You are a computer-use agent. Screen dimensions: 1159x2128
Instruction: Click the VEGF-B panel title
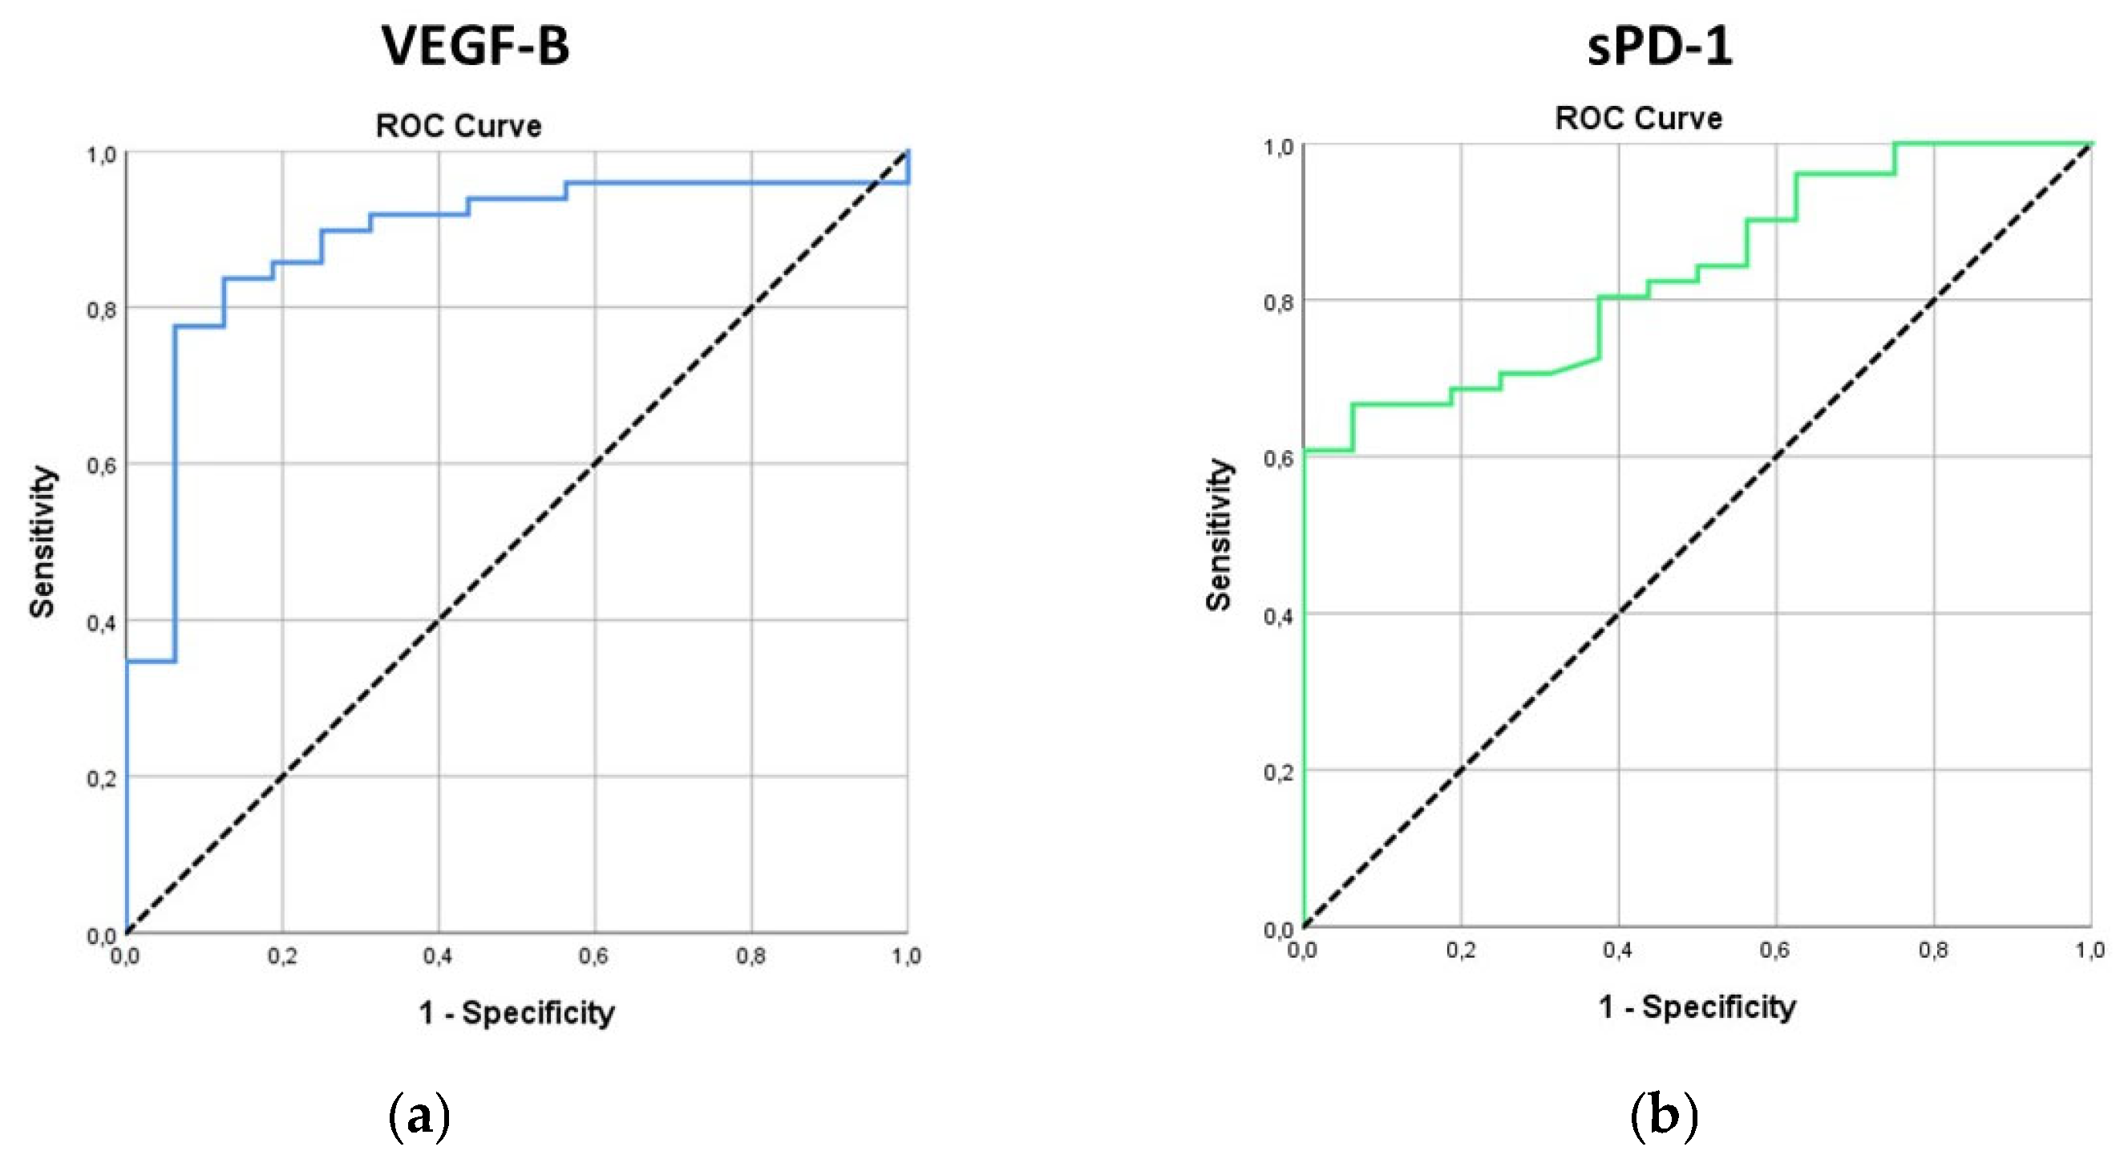pos(475,46)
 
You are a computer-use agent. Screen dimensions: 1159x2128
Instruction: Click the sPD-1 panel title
pos(1660,46)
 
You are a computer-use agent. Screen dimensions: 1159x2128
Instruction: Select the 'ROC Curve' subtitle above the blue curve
pos(459,126)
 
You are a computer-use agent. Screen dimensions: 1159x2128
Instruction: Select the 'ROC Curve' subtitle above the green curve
pos(1638,118)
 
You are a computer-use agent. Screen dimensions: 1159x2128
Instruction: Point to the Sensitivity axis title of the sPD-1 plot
pos(1220,534)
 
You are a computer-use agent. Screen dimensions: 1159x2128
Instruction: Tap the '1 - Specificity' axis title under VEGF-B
pos(516,1012)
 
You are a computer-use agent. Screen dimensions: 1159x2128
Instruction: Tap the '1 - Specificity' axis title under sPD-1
pos(1697,1006)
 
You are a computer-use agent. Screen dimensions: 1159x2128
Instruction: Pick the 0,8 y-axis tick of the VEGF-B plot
pos(102,310)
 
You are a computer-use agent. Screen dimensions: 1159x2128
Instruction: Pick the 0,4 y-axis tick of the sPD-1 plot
pos(1278,616)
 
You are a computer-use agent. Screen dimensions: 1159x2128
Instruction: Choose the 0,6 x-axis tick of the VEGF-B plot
pos(593,957)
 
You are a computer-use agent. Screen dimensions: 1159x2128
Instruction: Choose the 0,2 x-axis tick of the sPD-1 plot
pos(1461,950)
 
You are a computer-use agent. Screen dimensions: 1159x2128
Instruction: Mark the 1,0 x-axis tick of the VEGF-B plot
pos(906,957)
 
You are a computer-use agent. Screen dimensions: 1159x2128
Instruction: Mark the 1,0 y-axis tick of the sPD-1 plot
pos(1278,148)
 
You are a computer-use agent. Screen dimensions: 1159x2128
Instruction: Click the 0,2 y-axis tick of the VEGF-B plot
pos(102,779)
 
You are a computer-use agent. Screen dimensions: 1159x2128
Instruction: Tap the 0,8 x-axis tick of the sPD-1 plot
pos(1933,950)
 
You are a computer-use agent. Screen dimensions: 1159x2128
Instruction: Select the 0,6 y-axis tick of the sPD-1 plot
pos(1278,460)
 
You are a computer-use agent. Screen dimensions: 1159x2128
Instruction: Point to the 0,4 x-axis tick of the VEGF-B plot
pos(437,957)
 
